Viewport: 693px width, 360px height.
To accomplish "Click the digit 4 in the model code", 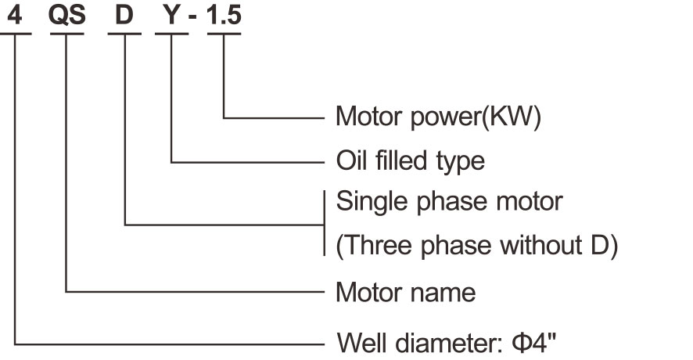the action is pyautogui.click(x=15, y=16).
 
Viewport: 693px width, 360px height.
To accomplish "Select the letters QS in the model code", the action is pyautogui.click(x=66, y=16).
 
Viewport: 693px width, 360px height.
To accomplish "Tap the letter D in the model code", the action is pyautogui.click(x=124, y=16).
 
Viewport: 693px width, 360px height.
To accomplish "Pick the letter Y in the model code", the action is pyautogui.click(x=171, y=16).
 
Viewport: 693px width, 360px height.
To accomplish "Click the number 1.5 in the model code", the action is pyautogui.click(x=224, y=16).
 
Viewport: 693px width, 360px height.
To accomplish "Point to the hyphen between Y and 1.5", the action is pyautogui.click(x=192, y=19).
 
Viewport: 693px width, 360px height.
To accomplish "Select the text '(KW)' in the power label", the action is pyautogui.click(x=511, y=117).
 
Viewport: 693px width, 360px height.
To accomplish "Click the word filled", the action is pyautogui.click(x=401, y=160).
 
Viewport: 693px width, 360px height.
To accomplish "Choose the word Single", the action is pyautogui.click(x=372, y=202).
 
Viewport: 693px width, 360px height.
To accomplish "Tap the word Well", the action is pyautogui.click(x=362, y=342).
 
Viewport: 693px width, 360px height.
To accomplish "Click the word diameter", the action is pyautogui.click(x=451, y=343).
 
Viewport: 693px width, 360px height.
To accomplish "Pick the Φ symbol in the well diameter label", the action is pyautogui.click(x=522, y=343).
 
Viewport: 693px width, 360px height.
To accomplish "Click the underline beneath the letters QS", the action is pyautogui.click(x=66, y=34).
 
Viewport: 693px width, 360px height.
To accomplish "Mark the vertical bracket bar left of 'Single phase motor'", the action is pyautogui.click(x=325, y=223).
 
